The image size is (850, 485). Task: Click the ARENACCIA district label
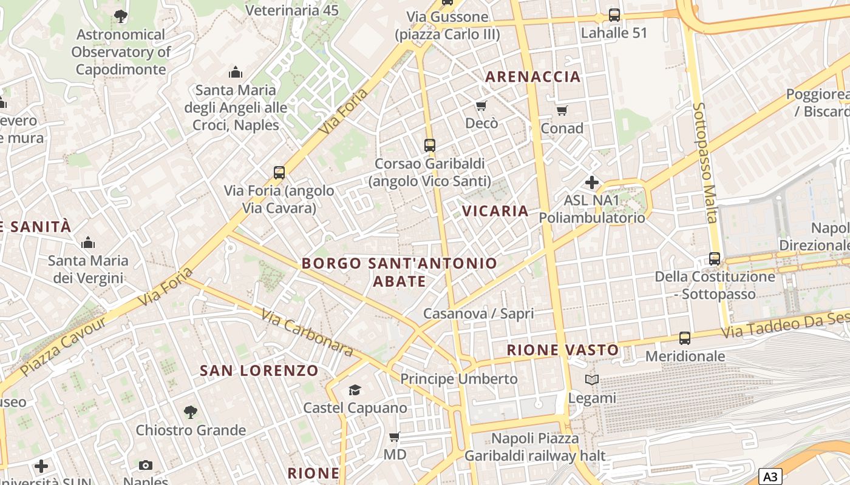click(533, 77)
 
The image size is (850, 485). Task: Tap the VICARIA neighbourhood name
click(495, 211)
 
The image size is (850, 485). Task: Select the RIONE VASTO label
click(563, 350)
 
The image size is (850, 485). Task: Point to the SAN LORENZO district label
click(259, 370)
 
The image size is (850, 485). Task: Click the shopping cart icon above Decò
click(481, 106)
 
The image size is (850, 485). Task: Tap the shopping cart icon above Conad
click(562, 110)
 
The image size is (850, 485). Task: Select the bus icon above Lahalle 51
click(614, 15)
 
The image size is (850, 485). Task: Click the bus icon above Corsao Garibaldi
click(430, 145)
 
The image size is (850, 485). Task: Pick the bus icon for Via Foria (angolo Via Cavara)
click(279, 173)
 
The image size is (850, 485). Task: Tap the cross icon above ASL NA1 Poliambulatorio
click(592, 182)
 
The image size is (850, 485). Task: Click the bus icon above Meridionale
click(685, 338)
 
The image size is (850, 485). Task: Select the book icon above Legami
click(592, 380)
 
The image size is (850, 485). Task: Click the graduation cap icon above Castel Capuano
click(355, 390)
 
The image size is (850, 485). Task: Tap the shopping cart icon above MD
click(395, 436)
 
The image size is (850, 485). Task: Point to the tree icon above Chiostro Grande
click(191, 413)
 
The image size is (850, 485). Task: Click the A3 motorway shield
click(770, 477)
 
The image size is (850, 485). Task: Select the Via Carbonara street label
click(307, 333)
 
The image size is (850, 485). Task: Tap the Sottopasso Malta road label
click(704, 162)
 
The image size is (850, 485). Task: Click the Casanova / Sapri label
click(478, 313)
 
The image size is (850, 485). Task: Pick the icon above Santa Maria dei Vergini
click(88, 243)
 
